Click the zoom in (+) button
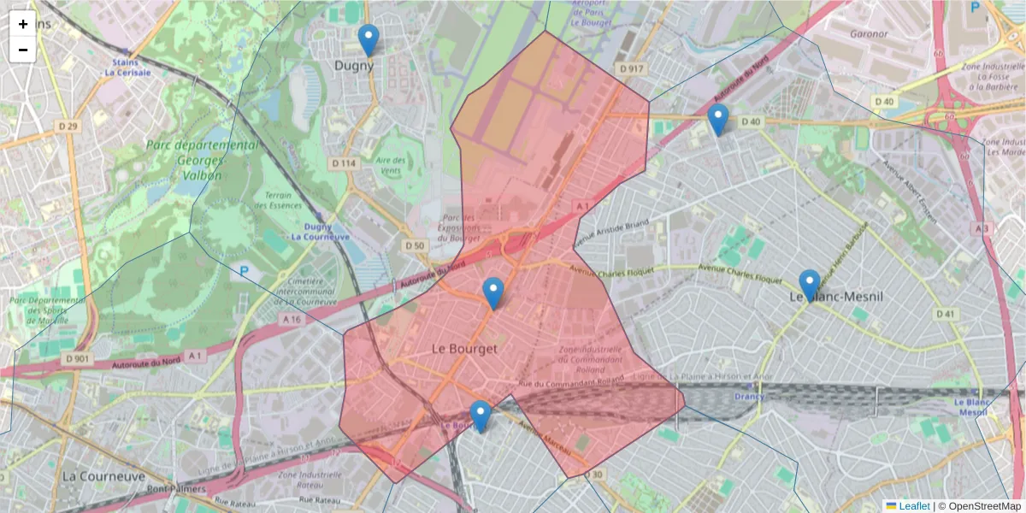pos(23,24)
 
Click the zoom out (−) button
pos(23,50)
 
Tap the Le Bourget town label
pos(464,349)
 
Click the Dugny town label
pos(354,65)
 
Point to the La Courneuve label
pos(104,475)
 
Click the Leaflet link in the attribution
pos(914,506)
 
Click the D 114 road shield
pos(343,162)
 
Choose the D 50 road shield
pos(415,246)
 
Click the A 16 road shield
pos(292,319)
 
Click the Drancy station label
pos(749,397)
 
